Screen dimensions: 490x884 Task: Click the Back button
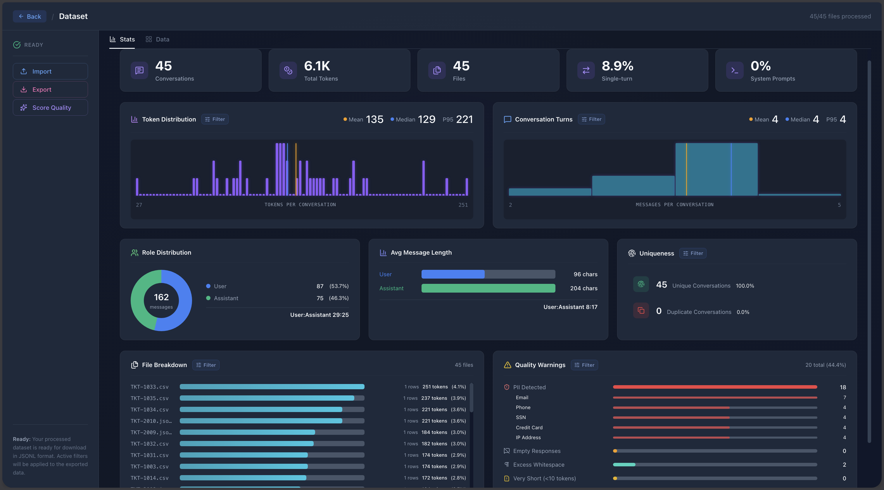click(30, 16)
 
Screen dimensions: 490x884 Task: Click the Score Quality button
click(51, 108)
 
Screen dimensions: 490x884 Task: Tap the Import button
click(51, 71)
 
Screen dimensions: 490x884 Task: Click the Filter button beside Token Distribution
click(215, 119)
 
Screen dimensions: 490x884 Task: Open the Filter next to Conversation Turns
click(591, 119)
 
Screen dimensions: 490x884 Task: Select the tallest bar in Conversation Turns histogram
click(716, 169)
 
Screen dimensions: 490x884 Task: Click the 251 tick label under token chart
click(463, 205)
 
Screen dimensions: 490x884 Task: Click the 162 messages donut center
click(161, 300)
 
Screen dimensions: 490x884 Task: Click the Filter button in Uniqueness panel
click(693, 253)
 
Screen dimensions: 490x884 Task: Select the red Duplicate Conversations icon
click(641, 311)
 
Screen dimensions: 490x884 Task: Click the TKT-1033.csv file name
click(149, 387)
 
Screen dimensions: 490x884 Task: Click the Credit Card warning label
click(529, 428)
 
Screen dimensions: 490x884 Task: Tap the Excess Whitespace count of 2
click(844, 465)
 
